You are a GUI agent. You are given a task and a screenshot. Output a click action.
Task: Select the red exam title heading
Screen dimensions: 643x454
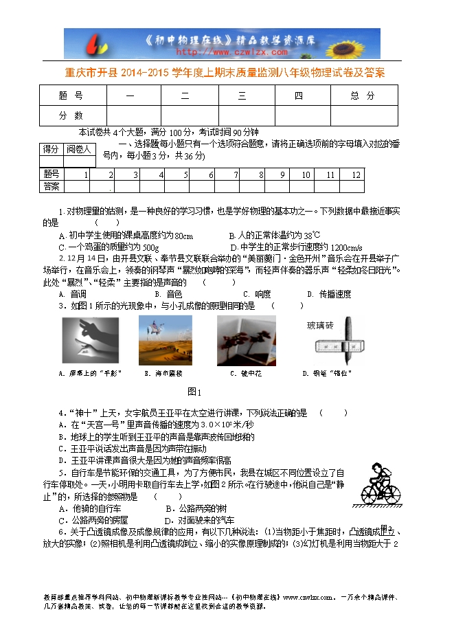click(226, 72)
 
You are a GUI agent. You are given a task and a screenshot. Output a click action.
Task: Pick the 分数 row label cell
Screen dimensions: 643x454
click(71, 115)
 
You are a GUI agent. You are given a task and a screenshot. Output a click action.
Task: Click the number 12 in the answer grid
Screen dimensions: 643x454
click(355, 174)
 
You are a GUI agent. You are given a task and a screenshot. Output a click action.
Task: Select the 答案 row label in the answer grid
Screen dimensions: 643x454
click(51, 186)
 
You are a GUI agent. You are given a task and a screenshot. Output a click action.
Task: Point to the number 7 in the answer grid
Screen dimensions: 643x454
click(235, 174)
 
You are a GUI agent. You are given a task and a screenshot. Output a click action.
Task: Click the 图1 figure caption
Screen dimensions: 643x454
click(194, 392)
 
